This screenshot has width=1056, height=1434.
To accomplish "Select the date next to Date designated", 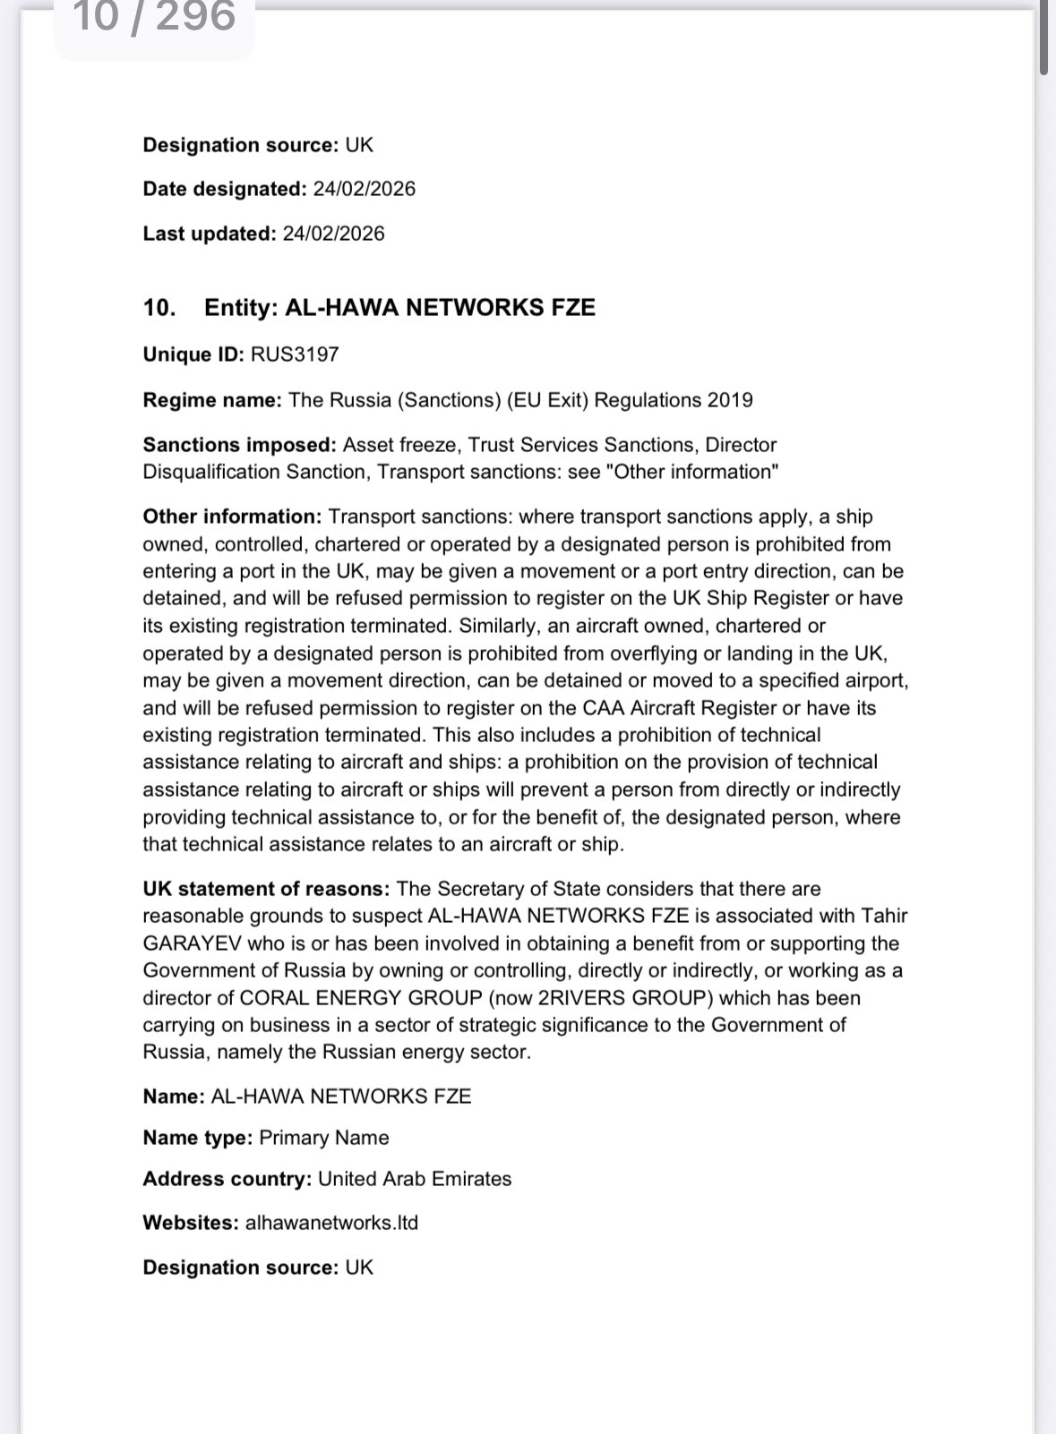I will (364, 189).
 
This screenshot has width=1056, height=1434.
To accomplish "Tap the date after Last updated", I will (333, 234).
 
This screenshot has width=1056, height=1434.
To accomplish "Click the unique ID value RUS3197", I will (295, 354).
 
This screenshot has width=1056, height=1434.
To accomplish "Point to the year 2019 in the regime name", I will (730, 400).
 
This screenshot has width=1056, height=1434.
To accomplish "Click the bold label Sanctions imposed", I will (239, 445).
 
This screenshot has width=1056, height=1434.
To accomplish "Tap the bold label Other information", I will (231, 516).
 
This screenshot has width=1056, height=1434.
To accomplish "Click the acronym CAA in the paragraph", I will (604, 708).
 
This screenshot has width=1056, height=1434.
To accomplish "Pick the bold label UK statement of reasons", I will (266, 889).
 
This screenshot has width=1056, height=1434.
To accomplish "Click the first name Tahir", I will (884, 916).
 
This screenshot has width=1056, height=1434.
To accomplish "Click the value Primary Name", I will (324, 1138).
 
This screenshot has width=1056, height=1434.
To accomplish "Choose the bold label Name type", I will (197, 1138).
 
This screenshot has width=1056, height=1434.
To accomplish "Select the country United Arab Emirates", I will (415, 1179).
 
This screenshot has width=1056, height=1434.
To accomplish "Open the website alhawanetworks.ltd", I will (331, 1223).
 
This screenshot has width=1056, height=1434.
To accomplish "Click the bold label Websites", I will (190, 1223).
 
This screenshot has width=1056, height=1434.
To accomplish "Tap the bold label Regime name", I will (212, 400).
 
